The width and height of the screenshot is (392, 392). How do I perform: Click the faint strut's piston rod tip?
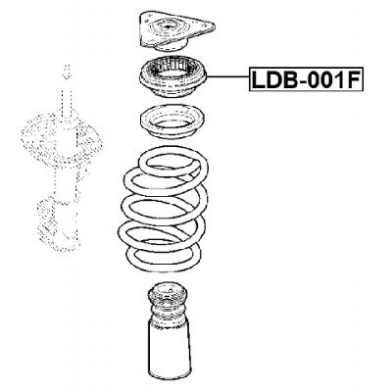pos(66,69)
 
